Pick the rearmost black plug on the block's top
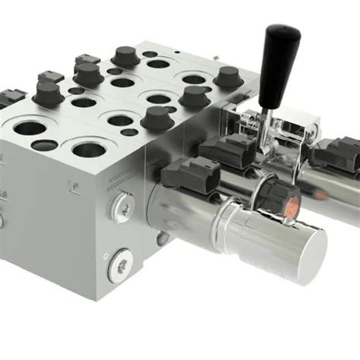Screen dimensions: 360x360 click(x=123, y=55)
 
